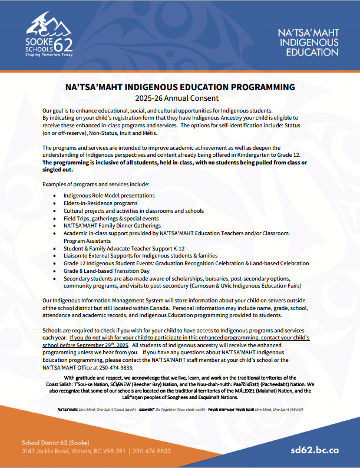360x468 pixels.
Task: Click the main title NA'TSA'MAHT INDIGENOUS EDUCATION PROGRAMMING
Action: (x=180, y=87)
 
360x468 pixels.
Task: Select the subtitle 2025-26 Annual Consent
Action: (x=180, y=98)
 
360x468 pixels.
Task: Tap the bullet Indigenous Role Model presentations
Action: (x=109, y=195)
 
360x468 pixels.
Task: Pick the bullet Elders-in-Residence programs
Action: (x=100, y=203)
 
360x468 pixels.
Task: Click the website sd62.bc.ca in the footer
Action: (x=315, y=450)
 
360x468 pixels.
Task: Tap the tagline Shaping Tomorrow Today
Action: (x=50, y=54)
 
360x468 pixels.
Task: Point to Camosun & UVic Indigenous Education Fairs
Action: (x=242, y=286)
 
